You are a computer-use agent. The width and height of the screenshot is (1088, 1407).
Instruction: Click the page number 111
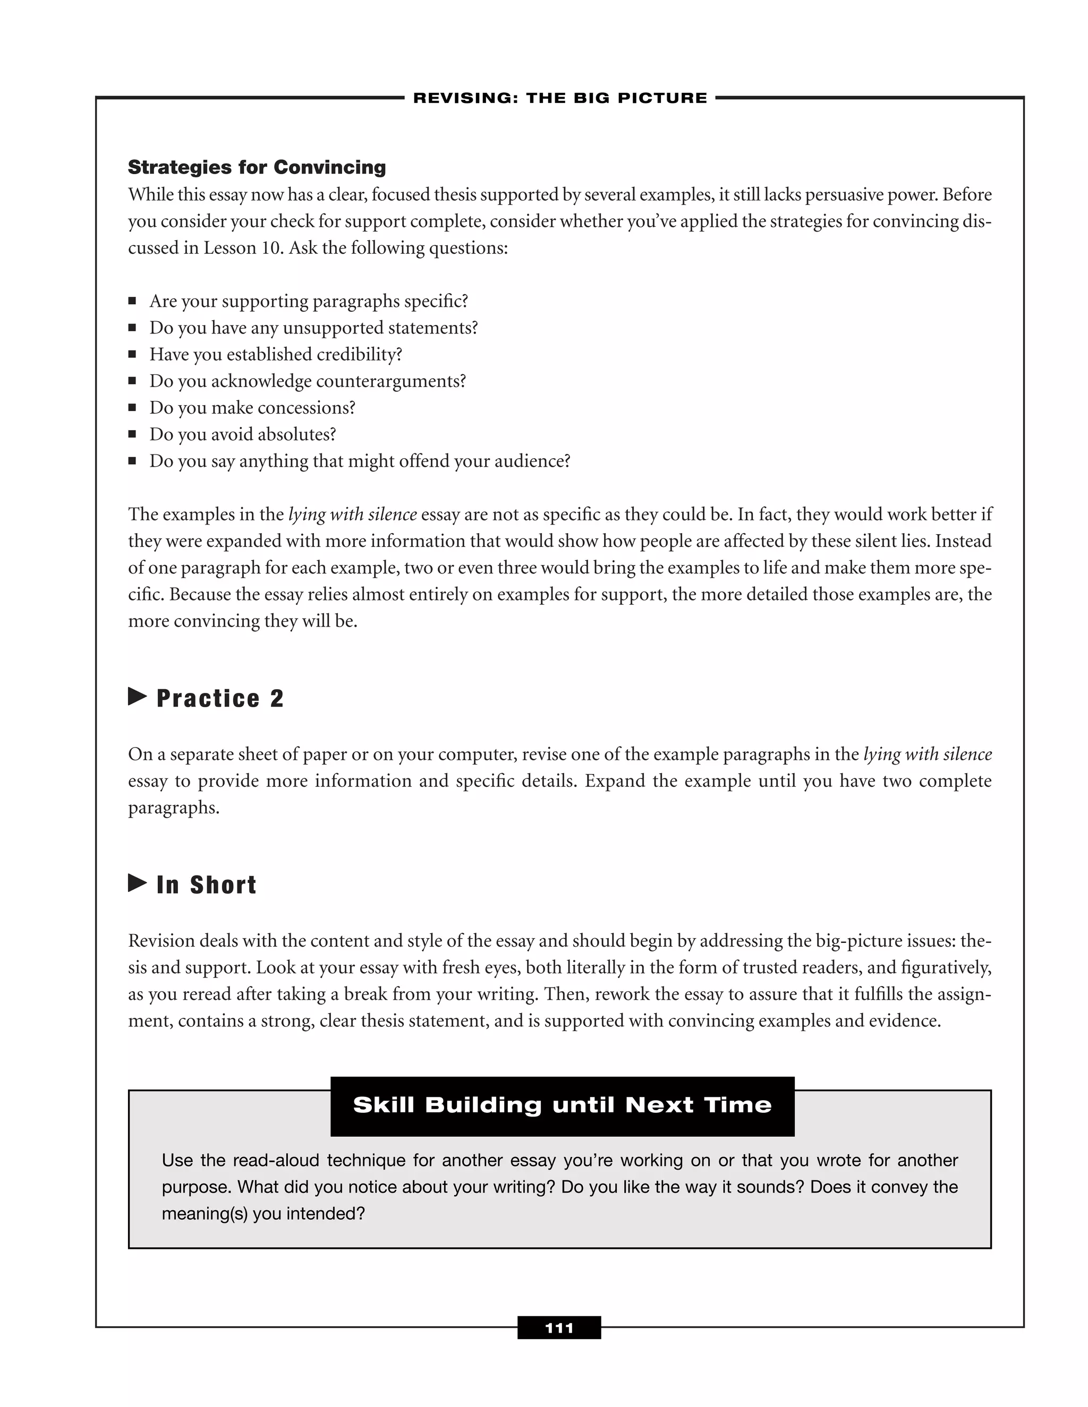coord(559,1328)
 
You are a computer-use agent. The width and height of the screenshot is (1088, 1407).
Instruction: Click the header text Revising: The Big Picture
coord(559,98)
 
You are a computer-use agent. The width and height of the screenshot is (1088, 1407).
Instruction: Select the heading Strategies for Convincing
coord(257,167)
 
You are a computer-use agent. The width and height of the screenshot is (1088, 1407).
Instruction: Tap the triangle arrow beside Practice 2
coord(137,697)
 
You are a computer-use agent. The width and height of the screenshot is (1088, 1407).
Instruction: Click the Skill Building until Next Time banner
coord(562,1105)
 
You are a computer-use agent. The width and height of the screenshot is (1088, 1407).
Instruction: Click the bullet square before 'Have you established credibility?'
coord(132,354)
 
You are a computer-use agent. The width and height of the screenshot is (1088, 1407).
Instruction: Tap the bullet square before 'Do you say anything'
coord(132,461)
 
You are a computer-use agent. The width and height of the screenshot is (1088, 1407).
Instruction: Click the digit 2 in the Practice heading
coord(276,698)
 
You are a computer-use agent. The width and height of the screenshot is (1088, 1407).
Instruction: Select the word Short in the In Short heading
coord(223,885)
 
